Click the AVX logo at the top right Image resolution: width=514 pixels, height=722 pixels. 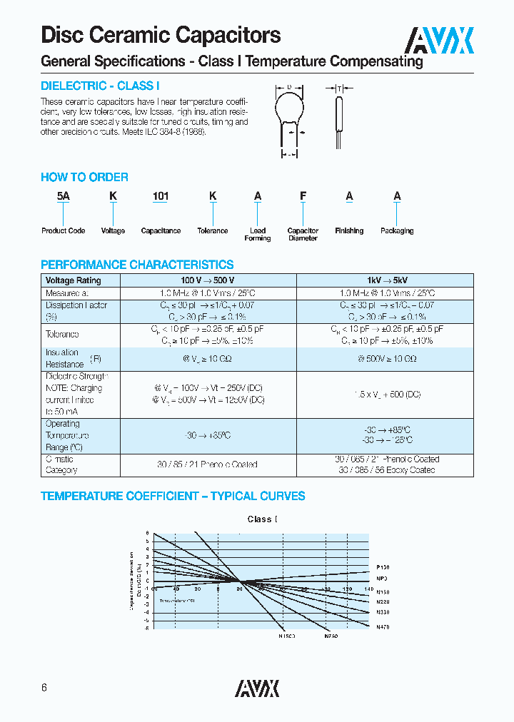click(440, 41)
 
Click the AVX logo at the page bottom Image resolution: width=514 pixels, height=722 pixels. click(257, 688)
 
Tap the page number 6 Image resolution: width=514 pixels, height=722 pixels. click(44, 688)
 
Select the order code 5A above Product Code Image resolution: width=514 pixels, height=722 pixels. click(63, 196)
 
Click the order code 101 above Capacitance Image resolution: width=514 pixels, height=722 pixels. click(160, 196)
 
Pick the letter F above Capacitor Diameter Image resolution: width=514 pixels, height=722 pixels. click(303, 196)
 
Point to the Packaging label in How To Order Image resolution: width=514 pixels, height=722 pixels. click(397, 231)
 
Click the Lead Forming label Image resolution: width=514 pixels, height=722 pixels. click(258, 235)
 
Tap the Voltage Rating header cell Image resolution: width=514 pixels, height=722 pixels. click(74, 280)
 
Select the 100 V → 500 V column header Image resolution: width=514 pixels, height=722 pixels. click(208, 280)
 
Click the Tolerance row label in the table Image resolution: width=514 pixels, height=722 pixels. click(62, 335)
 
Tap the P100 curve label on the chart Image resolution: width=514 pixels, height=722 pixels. click(383, 566)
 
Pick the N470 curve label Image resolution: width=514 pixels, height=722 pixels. click(383, 626)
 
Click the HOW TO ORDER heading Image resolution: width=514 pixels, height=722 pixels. click(84, 177)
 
